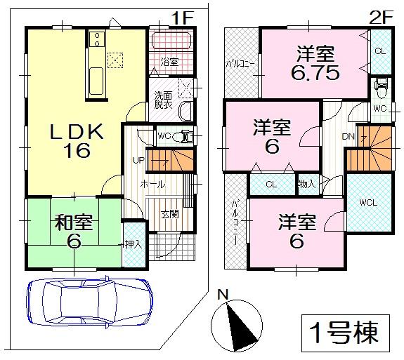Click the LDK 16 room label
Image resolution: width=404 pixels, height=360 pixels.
coord(78,140)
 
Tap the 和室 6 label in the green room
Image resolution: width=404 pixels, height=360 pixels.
coord(74,230)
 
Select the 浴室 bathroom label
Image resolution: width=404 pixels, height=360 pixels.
coord(169,62)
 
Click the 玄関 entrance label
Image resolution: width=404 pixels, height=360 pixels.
coord(169,213)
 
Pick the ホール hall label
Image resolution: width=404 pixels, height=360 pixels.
coord(152,184)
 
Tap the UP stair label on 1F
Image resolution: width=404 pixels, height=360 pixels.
coord(139,161)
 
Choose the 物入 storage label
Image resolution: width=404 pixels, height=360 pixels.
coord(307,184)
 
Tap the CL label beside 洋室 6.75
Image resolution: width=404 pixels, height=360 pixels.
coord(379,51)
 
